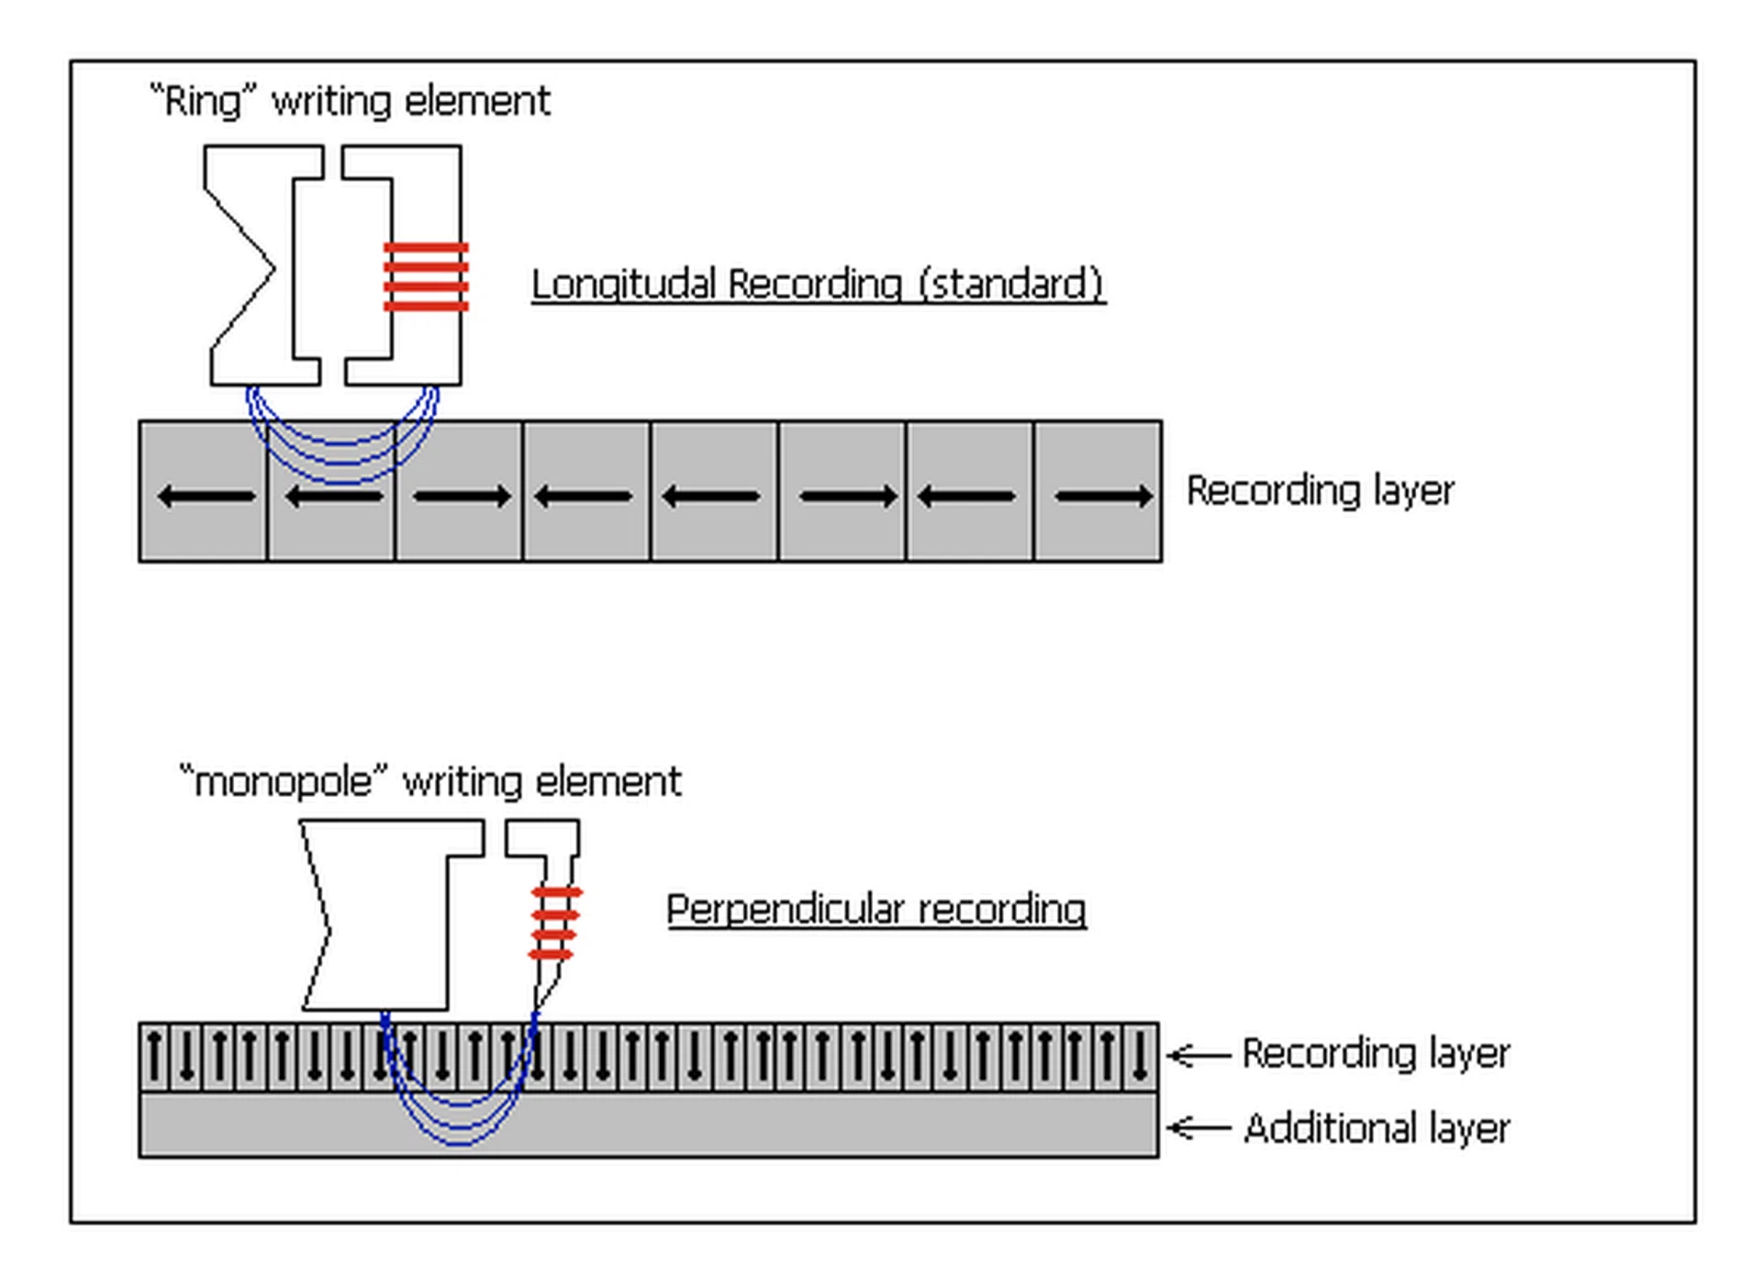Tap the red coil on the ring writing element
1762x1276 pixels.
pyautogui.click(x=426, y=276)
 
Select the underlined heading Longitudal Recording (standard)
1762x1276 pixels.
pyautogui.click(x=818, y=284)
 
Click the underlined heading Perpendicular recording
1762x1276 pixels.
pyautogui.click(x=876, y=910)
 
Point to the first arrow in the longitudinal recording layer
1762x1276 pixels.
pyautogui.click(x=206, y=497)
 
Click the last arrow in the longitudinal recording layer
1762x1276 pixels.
pyautogui.click(x=1103, y=497)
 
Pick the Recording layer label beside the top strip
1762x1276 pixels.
pyautogui.click(x=1320, y=491)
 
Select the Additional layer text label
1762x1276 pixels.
pyautogui.click(x=1377, y=1128)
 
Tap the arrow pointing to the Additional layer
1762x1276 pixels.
pyautogui.click(x=1198, y=1127)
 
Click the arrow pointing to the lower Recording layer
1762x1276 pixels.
pyautogui.click(x=1198, y=1056)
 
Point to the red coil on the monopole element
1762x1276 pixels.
pyautogui.click(x=554, y=923)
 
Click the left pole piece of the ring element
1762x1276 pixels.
pyautogui.click(x=262, y=266)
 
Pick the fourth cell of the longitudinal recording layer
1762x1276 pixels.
pyautogui.click(x=586, y=492)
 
